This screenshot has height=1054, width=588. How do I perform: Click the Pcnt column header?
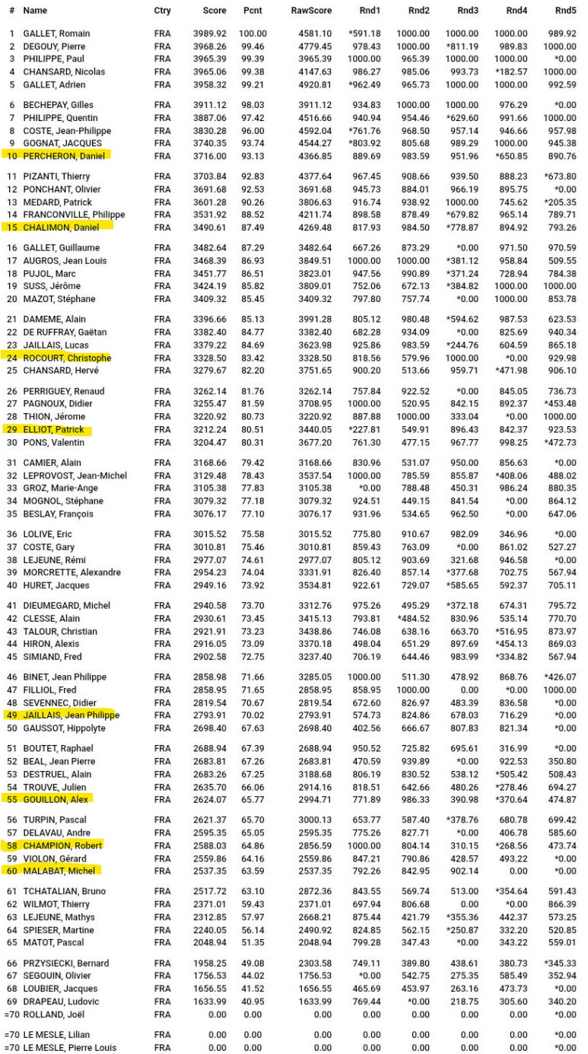253,11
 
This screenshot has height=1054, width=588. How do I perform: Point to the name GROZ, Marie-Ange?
60,489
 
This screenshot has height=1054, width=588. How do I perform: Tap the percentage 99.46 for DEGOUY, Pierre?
253,46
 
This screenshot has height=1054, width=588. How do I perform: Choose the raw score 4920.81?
316,84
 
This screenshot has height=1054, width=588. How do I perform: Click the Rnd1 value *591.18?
364,34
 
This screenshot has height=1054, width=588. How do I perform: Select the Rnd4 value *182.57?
511,72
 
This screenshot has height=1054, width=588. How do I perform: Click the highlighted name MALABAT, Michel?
60,871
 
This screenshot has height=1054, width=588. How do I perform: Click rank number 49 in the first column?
11,715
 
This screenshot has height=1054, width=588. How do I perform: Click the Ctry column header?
162,11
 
